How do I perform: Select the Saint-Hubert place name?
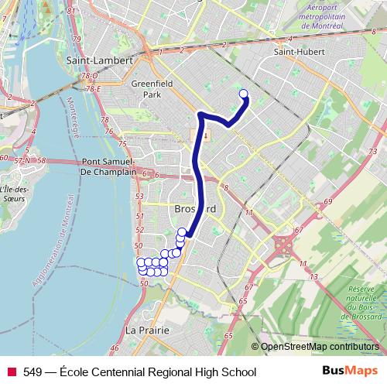(x=297, y=52)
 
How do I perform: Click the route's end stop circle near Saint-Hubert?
(x=244, y=94)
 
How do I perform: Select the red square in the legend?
(x=12, y=372)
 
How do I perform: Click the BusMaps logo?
(x=350, y=372)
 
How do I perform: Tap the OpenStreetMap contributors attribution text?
(x=320, y=347)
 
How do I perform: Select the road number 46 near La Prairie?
(x=115, y=349)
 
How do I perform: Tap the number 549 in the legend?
(x=33, y=372)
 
